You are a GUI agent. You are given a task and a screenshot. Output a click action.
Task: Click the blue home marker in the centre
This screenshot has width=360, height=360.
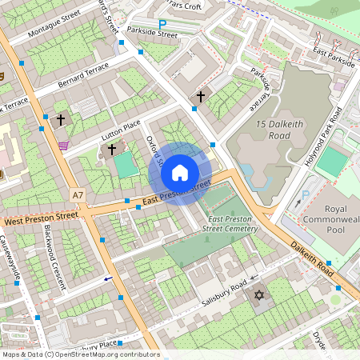click(x=180, y=173)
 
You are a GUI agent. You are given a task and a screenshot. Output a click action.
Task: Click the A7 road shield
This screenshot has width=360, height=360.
click(x=77, y=194)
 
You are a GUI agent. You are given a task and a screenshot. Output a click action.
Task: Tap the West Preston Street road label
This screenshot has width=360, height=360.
click(x=40, y=217)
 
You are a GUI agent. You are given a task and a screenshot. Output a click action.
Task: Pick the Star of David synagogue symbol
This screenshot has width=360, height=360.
click(x=258, y=297)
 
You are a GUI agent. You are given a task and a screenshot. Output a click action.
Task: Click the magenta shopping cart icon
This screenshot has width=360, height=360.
click(x=63, y=145)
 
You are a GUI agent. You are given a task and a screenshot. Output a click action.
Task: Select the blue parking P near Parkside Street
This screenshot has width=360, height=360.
click(x=162, y=25)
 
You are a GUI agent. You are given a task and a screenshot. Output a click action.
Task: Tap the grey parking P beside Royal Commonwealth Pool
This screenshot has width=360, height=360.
click(x=304, y=196)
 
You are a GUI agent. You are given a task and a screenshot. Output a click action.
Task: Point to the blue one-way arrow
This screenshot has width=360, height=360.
click(x=108, y=279)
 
